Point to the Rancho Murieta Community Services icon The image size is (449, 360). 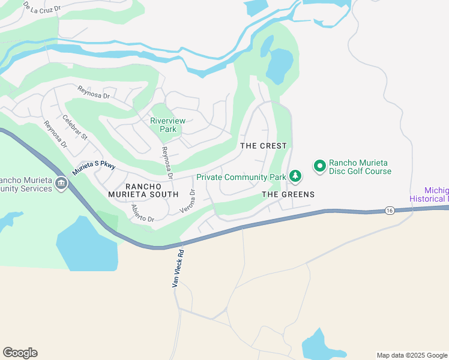(61, 184)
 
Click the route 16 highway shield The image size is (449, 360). (390, 211)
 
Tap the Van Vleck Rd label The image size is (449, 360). (178, 268)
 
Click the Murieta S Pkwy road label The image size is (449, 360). (93, 167)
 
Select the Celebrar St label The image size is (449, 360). (75, 128)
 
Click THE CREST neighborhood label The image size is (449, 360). (264, 146)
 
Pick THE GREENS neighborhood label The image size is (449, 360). (288, 194)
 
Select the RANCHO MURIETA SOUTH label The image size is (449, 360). (143, 189)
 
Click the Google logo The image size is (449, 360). (20, 353)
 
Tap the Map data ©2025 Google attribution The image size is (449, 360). (411, 355)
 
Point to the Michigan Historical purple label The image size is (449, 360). (429, 194)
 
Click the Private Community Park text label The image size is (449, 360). (241, 177)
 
